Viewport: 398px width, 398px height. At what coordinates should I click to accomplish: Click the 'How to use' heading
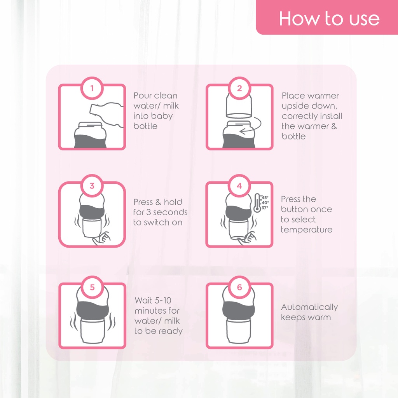click(x=329, y=19)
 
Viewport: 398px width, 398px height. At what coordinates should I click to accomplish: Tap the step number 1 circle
click(x=92, y=88)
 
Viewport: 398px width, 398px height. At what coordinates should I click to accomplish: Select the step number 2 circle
click(x=239, y=88)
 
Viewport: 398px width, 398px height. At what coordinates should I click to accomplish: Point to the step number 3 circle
click(x=92, y=186)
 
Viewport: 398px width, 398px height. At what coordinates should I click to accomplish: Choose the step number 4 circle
click(x=239, y=186)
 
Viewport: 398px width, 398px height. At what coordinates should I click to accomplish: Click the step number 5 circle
click(x=92, y=287)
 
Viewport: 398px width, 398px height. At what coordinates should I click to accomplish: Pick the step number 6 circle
click(x=239, y=287)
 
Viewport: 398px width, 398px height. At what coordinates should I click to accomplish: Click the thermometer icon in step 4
click(x=257, y=203)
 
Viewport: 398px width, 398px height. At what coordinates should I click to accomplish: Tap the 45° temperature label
click(x=265, y=197)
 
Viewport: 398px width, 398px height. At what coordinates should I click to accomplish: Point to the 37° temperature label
click(x=265, y=208)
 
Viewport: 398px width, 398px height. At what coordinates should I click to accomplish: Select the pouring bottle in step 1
click(x=107, y=115)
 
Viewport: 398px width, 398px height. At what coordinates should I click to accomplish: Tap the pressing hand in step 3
click(x=101, y=239)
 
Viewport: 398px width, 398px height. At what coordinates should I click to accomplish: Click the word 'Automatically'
click(x=309, y=307)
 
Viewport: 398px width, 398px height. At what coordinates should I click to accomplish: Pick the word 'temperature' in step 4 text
click(x=307, y=230)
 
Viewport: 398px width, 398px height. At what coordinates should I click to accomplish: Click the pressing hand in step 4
click(x=248, y=239)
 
